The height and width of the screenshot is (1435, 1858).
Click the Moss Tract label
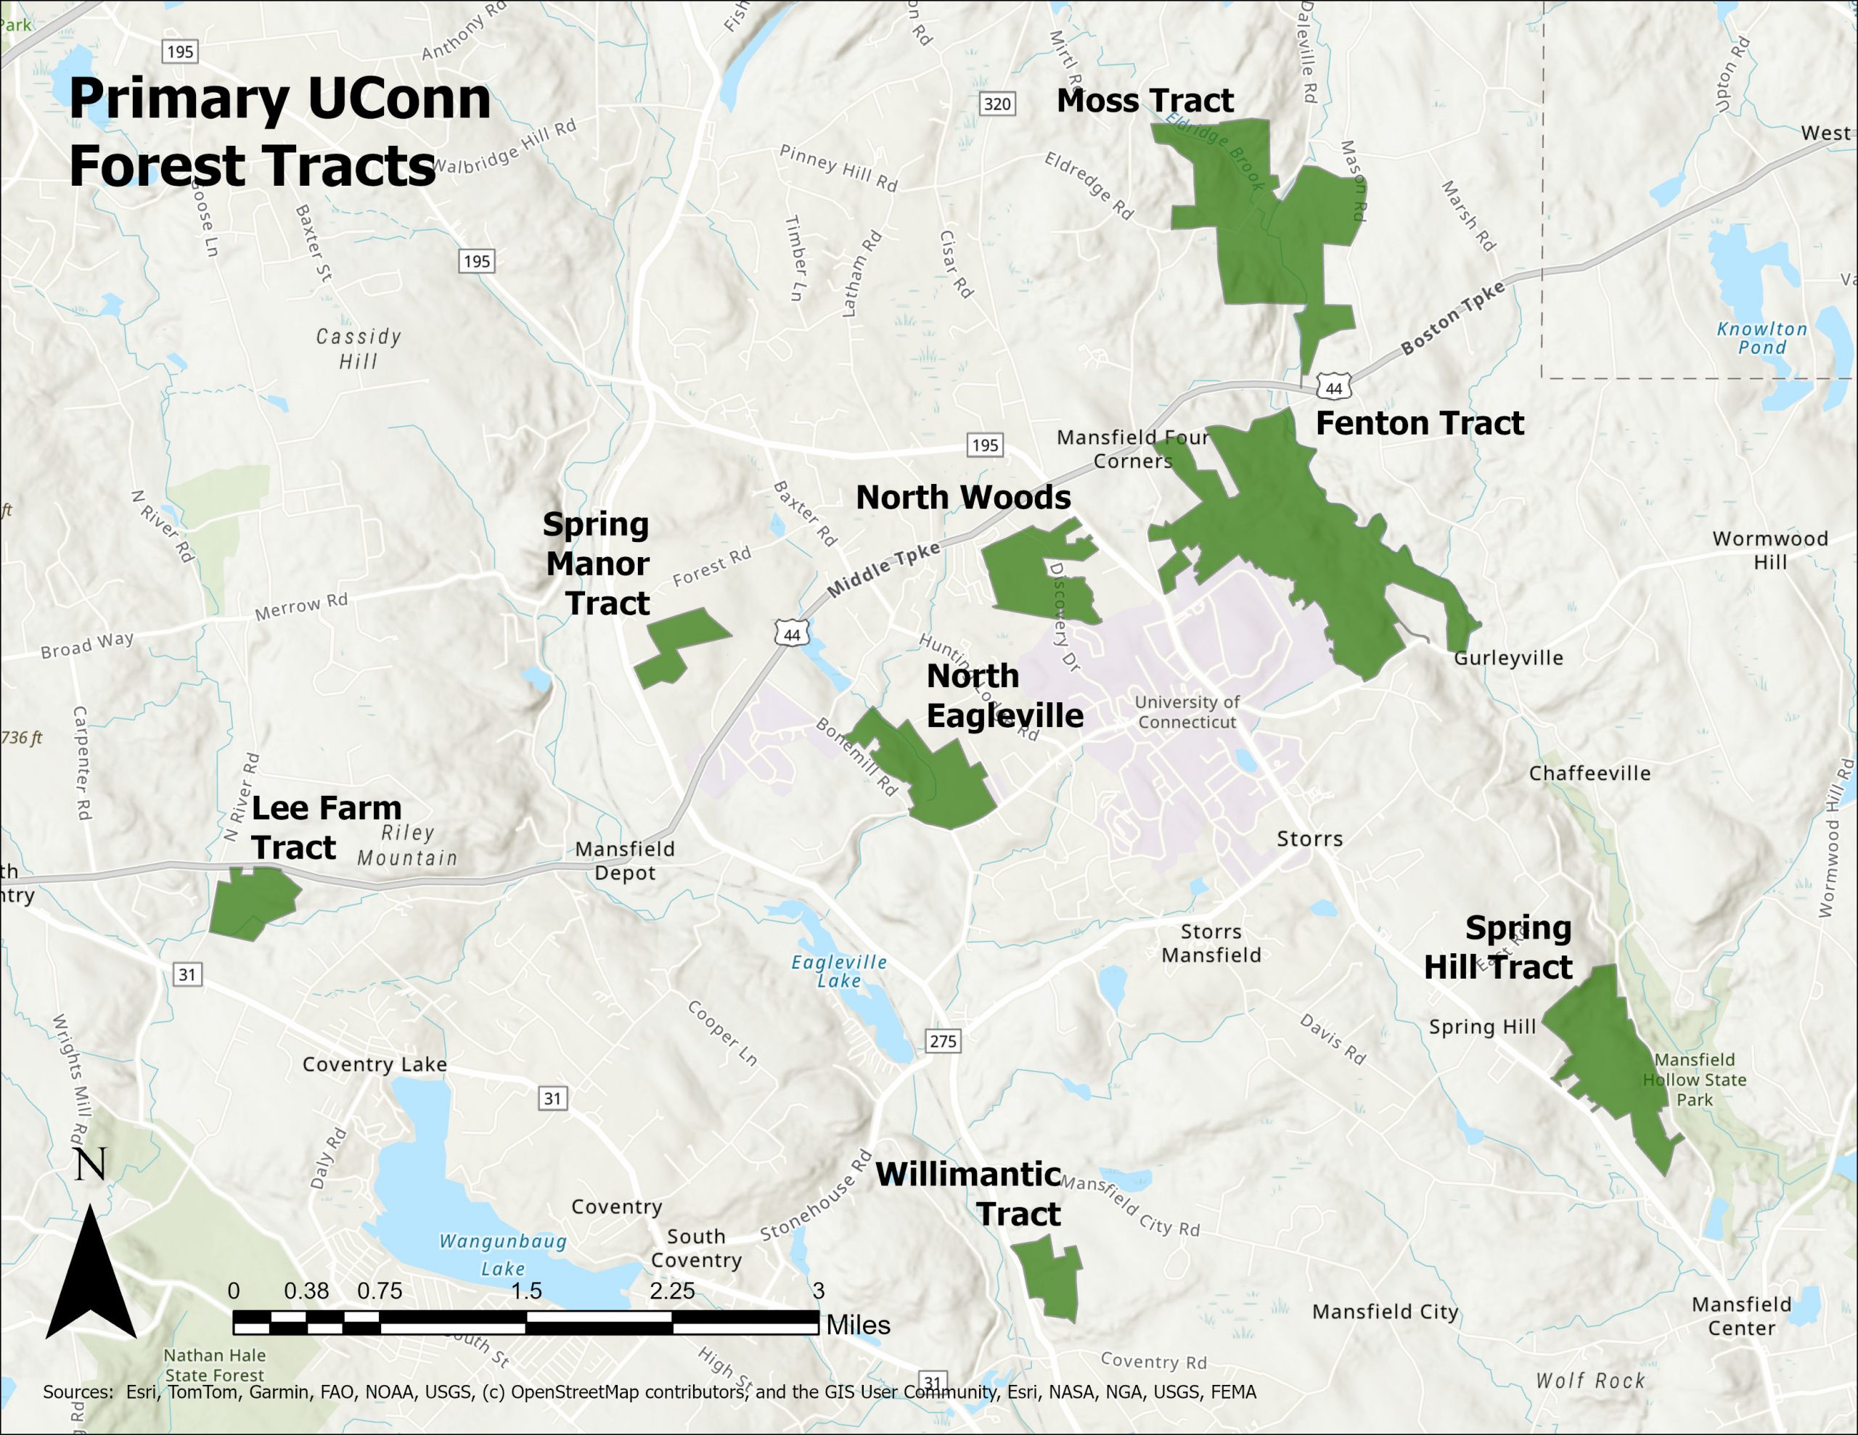(x=1145, y=100)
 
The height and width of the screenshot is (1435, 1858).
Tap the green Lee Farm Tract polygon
(x=251, y=902)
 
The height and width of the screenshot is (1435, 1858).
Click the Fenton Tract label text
(x=1419, y=423)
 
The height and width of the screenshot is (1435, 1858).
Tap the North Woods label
(x=963, y=497)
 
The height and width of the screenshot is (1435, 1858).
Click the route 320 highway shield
(x=996, y=104)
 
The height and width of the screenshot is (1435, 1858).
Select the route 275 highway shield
(x=943, y=1041)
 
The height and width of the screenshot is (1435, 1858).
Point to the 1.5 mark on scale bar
(x=525, y=1291)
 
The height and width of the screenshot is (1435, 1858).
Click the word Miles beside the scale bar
(x=858, y=1325)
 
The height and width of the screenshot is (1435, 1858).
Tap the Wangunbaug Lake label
(x=502, y=1254)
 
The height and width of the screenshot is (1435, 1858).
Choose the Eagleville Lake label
(x=839, y=971)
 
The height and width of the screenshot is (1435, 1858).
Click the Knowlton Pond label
(x=1761, y=337)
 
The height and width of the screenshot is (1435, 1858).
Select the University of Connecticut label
(x=1187, y=711)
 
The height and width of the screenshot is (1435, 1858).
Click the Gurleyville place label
(x=1507, y=657)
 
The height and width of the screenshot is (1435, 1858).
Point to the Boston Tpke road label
(x=1453, y=317)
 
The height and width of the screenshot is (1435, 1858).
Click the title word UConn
(x=398, y=99)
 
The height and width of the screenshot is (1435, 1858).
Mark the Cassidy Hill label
(x=358, y=348)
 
